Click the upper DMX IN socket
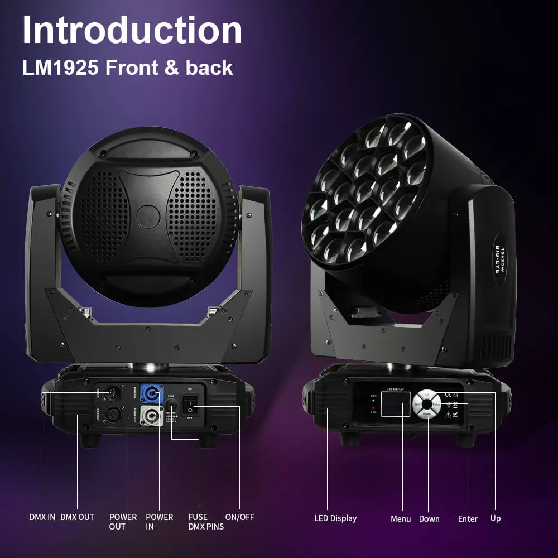click(113, 392)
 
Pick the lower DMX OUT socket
click(113, 415)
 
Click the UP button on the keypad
click(427, 395)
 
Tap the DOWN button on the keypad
click(427, 414)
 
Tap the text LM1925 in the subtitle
click(60, 68)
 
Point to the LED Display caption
click(335, 518)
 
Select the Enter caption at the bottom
click(468, 519)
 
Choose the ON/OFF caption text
click(239, 517)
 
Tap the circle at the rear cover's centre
click(148, 215)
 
